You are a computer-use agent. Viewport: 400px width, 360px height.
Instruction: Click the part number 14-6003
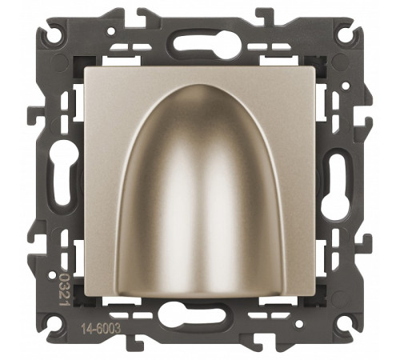pyautogui.click(x=101, y=329)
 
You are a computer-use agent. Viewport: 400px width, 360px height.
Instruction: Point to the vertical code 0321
pyautogui.click(x=64, y=291)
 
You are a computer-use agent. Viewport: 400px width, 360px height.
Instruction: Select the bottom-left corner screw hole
pyautogui.click(x=54, y=325)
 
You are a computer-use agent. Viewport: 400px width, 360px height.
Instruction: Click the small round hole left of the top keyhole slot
pyautogui.click(x=110, y=32)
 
